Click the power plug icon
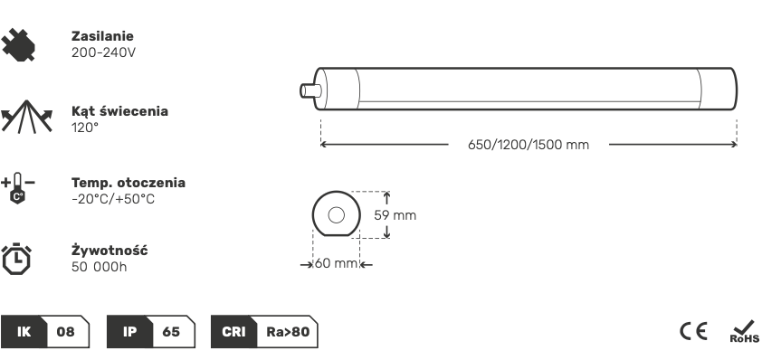click(x=18, y=44)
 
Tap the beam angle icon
click(x=26, y=117)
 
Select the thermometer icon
click(x=18, y=188)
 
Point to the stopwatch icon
click(x=17, y=259)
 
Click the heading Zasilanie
click(x=102, y=36)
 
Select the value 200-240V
click(x=103, y=52)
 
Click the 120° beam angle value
click(x=85, y=128)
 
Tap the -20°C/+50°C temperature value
click(x=113, y=199)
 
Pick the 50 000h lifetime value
click(x=100, y=267)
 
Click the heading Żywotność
click(x=110, y=251)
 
